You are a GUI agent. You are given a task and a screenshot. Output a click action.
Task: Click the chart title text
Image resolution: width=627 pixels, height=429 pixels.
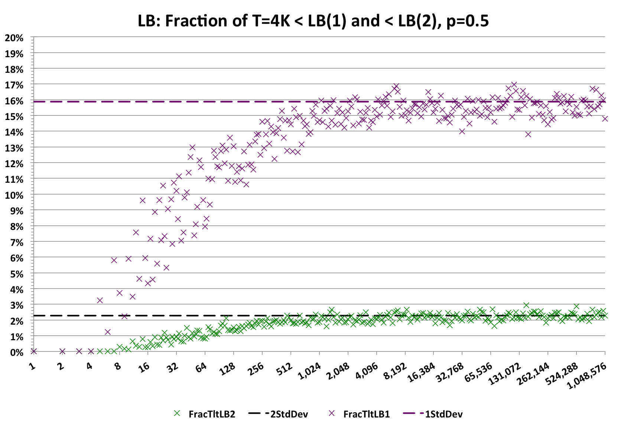[x=313, y=21]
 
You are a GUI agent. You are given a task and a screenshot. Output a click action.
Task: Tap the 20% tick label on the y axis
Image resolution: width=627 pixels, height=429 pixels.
[x=14, y=38]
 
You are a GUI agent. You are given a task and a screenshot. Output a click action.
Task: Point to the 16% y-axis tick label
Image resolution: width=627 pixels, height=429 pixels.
[x=14, y=101]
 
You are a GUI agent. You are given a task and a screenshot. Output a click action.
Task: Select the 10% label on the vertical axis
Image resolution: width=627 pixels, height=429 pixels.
[x=14, y=195]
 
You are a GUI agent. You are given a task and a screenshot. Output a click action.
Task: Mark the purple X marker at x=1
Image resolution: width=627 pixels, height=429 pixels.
[x=34, y=351]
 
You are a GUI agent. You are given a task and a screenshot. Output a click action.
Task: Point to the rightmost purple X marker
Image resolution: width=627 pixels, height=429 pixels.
[x=605, y=118]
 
